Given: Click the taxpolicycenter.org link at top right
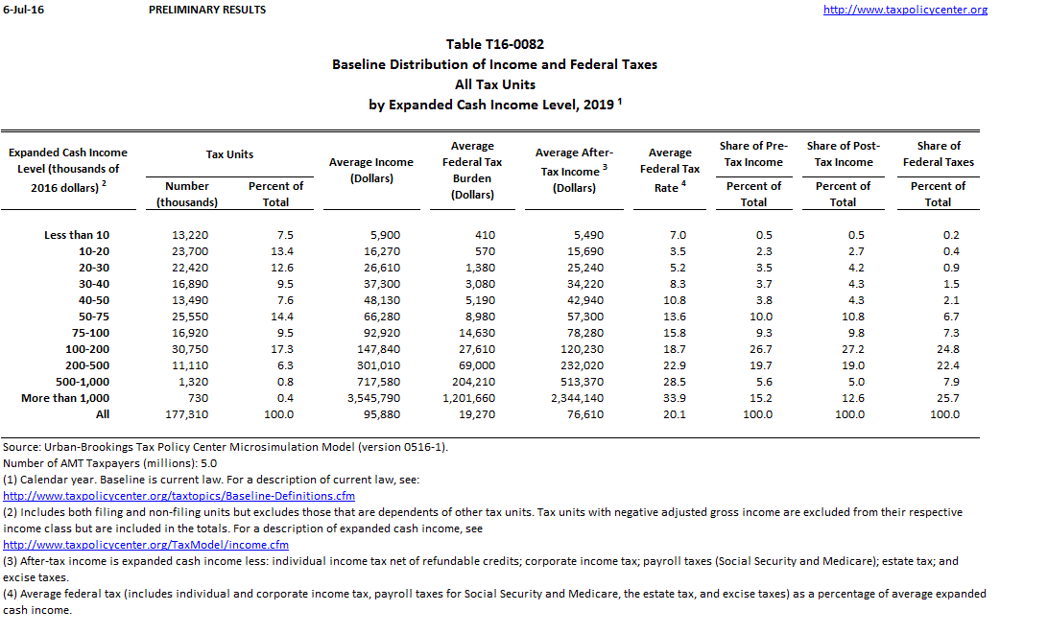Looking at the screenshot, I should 905,10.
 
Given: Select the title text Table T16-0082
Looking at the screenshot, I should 494,44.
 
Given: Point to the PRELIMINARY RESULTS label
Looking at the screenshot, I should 208,10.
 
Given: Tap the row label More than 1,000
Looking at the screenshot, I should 65,398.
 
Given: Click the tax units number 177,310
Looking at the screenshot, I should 190,414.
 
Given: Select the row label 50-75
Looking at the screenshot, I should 94,317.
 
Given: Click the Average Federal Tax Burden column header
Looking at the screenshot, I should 472,170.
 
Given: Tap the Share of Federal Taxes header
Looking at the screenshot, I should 938,153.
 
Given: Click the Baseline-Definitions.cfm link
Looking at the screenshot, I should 179,496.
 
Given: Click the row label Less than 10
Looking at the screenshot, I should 77,235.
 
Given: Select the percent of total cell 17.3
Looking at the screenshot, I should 282,349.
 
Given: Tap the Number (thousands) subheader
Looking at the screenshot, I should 186,194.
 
